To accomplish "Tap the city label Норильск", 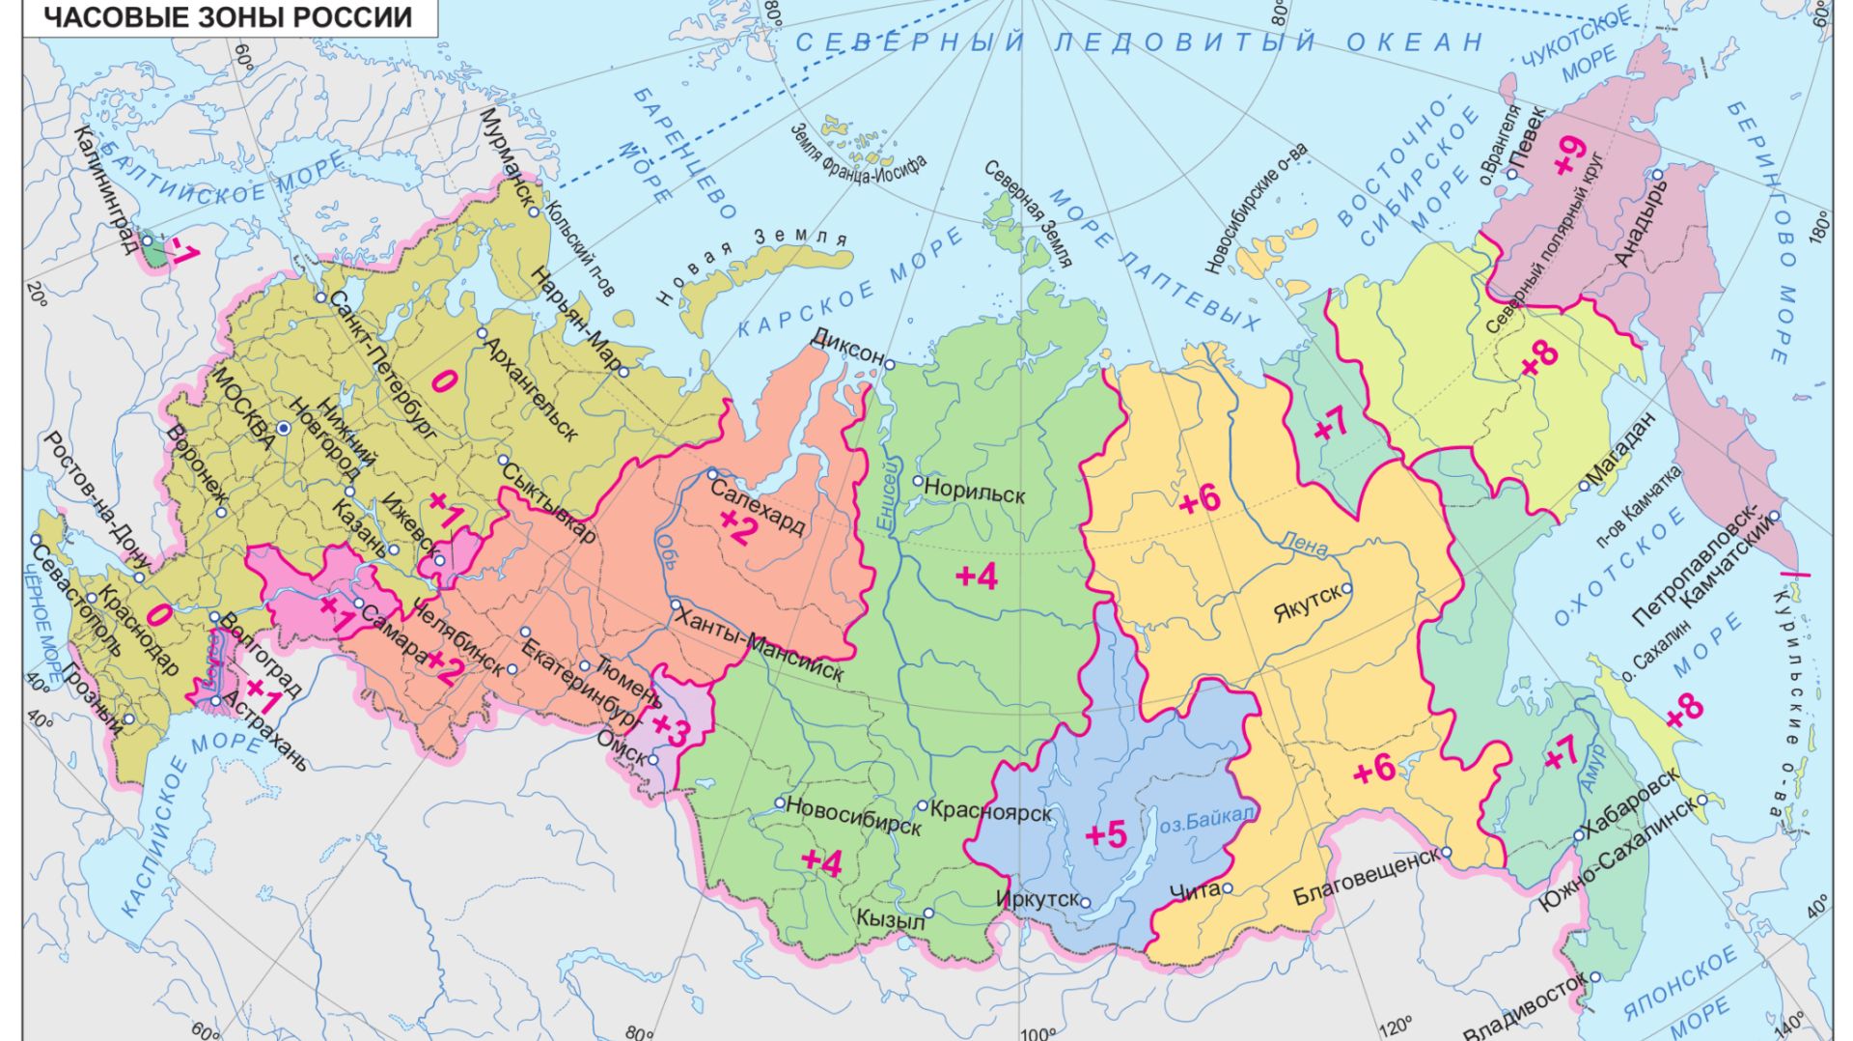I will click(974, 493).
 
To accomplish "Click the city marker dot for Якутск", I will click(1346, 588).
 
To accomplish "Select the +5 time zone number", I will click(1106, 834).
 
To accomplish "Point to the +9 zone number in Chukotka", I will click(1571, 155).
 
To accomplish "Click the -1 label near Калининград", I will click(181, 253).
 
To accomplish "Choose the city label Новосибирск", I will click(854, 816).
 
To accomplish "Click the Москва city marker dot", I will click(283, 427).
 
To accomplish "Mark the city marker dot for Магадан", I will click(1584, 486).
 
